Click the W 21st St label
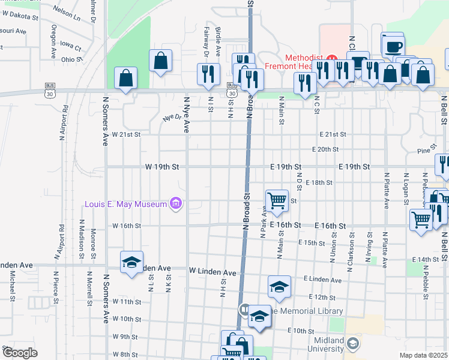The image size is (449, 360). coord(126,135)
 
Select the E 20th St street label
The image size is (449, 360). coord(325,149)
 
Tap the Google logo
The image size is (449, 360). coord(20,353)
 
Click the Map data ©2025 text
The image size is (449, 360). coord(423,355)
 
